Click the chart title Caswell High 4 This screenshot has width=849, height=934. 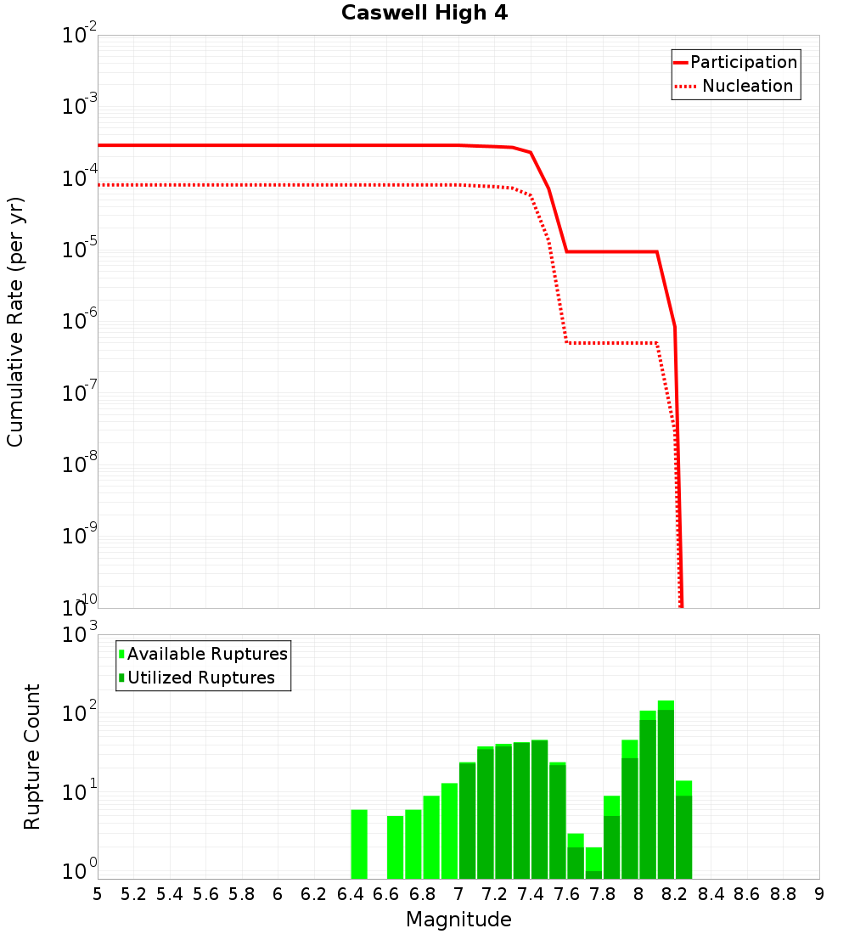click(x=424, y=14)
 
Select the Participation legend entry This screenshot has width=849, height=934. click(x=735, y=63)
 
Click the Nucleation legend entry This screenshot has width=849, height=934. click(x=735, y=87)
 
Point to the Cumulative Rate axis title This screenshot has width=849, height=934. click(x=15, y=322)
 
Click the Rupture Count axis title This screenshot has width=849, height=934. click(x=32, y=757)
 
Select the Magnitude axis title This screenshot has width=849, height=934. click(x=458, y=920)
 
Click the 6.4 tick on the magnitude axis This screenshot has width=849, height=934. click(x=351, y=894)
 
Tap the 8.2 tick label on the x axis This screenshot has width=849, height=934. click(x=675, y=894)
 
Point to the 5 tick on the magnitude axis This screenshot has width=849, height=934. click(x=98, y=894)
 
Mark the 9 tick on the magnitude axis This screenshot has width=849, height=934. click(x=818, y=894)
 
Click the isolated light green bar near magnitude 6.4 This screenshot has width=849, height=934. click(x=359, y=844)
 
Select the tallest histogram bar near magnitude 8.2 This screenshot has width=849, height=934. click(x=666, y=790)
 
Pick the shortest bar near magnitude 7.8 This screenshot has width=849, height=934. click(x=593, y=863)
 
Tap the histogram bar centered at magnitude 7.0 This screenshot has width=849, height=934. click(x=467, y=820)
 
